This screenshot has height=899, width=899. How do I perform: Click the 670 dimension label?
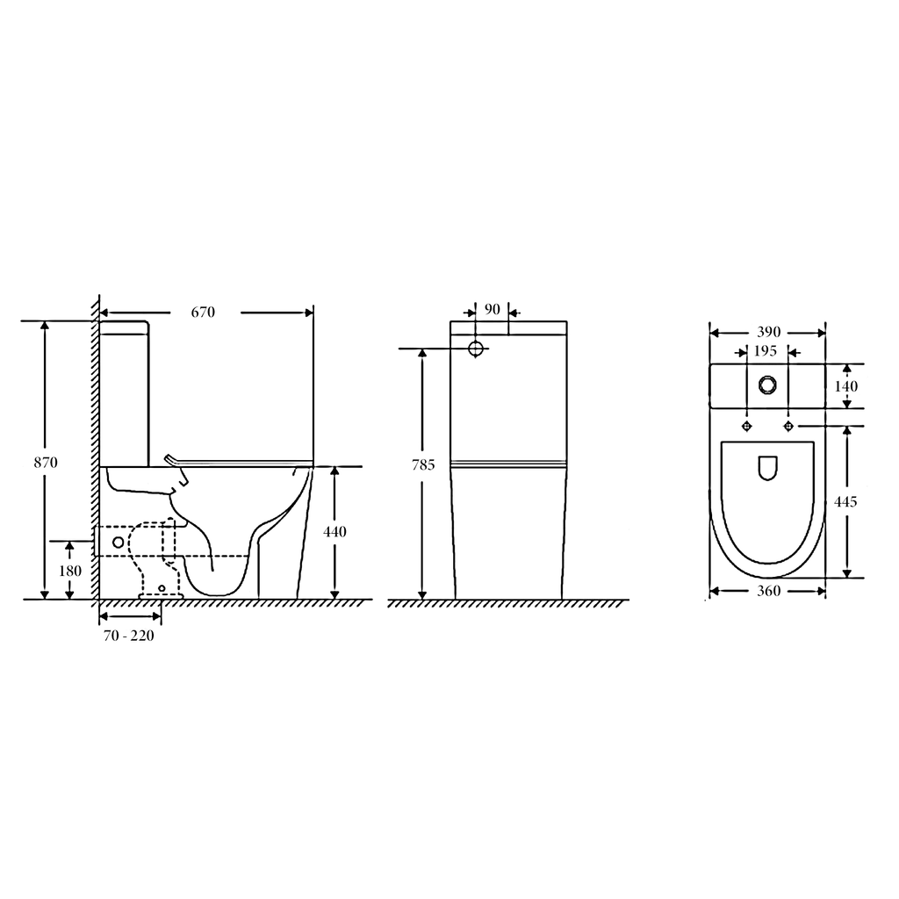(x=203, y=312)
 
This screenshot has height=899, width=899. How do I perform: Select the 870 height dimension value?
(x=46, y=462)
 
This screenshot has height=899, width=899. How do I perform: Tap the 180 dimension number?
(x=69, y=571)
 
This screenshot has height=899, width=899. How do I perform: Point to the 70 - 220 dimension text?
(x=129, y=636)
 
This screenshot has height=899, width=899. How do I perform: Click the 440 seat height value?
(x=334, y=531)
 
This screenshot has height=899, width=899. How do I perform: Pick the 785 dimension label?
(x=423, y=465)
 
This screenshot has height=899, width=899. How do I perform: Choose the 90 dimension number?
(x=492, y=310)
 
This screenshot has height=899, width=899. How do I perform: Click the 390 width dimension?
(x=768, y=332)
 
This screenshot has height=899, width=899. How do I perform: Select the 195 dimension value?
(x=765, y=350)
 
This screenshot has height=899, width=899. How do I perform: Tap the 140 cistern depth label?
(x=845, y=386)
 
